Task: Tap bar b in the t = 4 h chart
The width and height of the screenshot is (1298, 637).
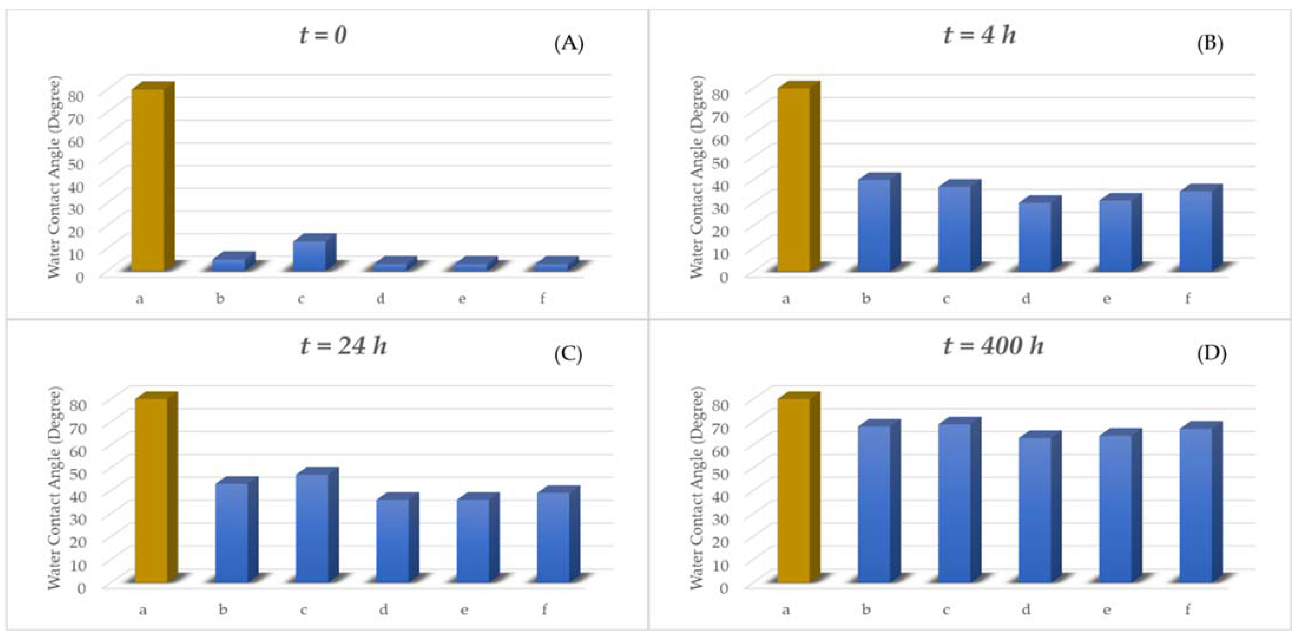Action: pos(874,225)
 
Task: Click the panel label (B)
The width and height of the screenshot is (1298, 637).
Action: pos(1210,44)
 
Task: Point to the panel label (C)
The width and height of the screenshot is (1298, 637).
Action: pos(568,355)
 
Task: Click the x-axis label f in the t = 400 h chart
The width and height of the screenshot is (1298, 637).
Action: pos(1187,610)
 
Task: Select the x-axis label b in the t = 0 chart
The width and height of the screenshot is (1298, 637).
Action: pos(220,299)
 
